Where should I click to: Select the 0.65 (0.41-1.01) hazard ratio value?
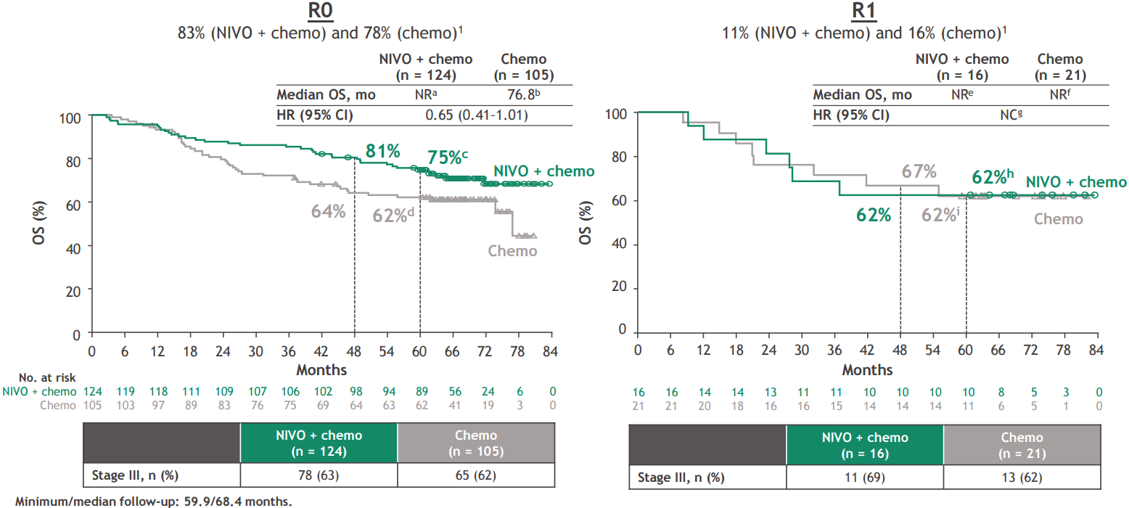point(475,115)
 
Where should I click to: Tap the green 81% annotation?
point(383,152)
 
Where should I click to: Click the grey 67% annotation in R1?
point(919,172)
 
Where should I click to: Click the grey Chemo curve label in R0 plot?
point(512,251)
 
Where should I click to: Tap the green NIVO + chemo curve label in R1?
point(1076,182)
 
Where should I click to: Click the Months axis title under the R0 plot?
point(321,370)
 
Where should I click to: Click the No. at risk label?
point(48,378)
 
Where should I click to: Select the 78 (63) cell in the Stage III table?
point(319,476)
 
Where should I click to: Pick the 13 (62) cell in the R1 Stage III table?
point(1022,478)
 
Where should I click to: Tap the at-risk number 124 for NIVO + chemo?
point(91,392)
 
